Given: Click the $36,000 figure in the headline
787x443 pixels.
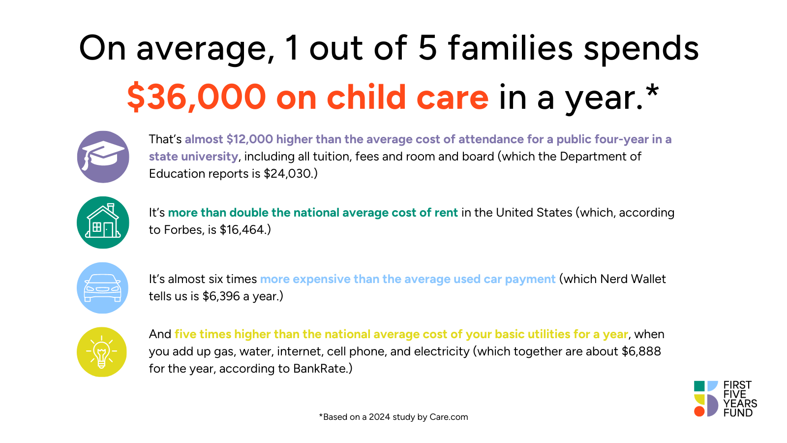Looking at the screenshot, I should (196, 97).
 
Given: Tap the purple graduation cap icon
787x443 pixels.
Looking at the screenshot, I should (103, 157).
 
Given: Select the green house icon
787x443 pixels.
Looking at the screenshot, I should (103, 222).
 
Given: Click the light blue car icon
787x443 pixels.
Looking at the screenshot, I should (103, 288).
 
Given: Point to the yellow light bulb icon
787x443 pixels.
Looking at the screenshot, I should (102, 352).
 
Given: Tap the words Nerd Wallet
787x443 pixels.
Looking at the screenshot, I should (633, 279).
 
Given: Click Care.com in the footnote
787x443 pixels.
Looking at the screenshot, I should (449, 417).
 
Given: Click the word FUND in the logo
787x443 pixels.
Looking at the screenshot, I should (738, 413).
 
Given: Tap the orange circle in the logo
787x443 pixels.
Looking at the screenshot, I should (699, 411).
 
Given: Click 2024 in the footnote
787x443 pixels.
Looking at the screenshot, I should (379, 417).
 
